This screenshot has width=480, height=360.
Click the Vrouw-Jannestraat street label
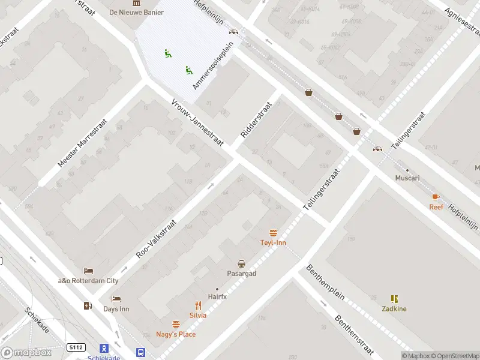click(x=197, y=122)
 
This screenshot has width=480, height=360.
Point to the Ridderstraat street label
click(x=256, y=119)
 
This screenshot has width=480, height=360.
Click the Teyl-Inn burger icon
click(x=274, y=233)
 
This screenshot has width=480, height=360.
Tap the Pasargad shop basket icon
click(x=241, y=263)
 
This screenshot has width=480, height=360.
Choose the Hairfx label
click(x=217, y=296)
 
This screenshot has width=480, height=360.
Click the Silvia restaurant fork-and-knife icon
click(x=198, y=305)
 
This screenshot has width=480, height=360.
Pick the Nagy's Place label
click(x=176, y=334)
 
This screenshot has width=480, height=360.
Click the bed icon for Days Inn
click(x=116, y=299)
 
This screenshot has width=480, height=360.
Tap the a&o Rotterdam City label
click(x=88, y=281)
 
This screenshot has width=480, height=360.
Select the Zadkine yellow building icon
click(x=394, y=299)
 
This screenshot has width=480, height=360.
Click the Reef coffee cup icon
click(x=436, y=197)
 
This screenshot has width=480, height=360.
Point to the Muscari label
click(x=407, y=178)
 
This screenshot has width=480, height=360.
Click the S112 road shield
click(x=75, y=347)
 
